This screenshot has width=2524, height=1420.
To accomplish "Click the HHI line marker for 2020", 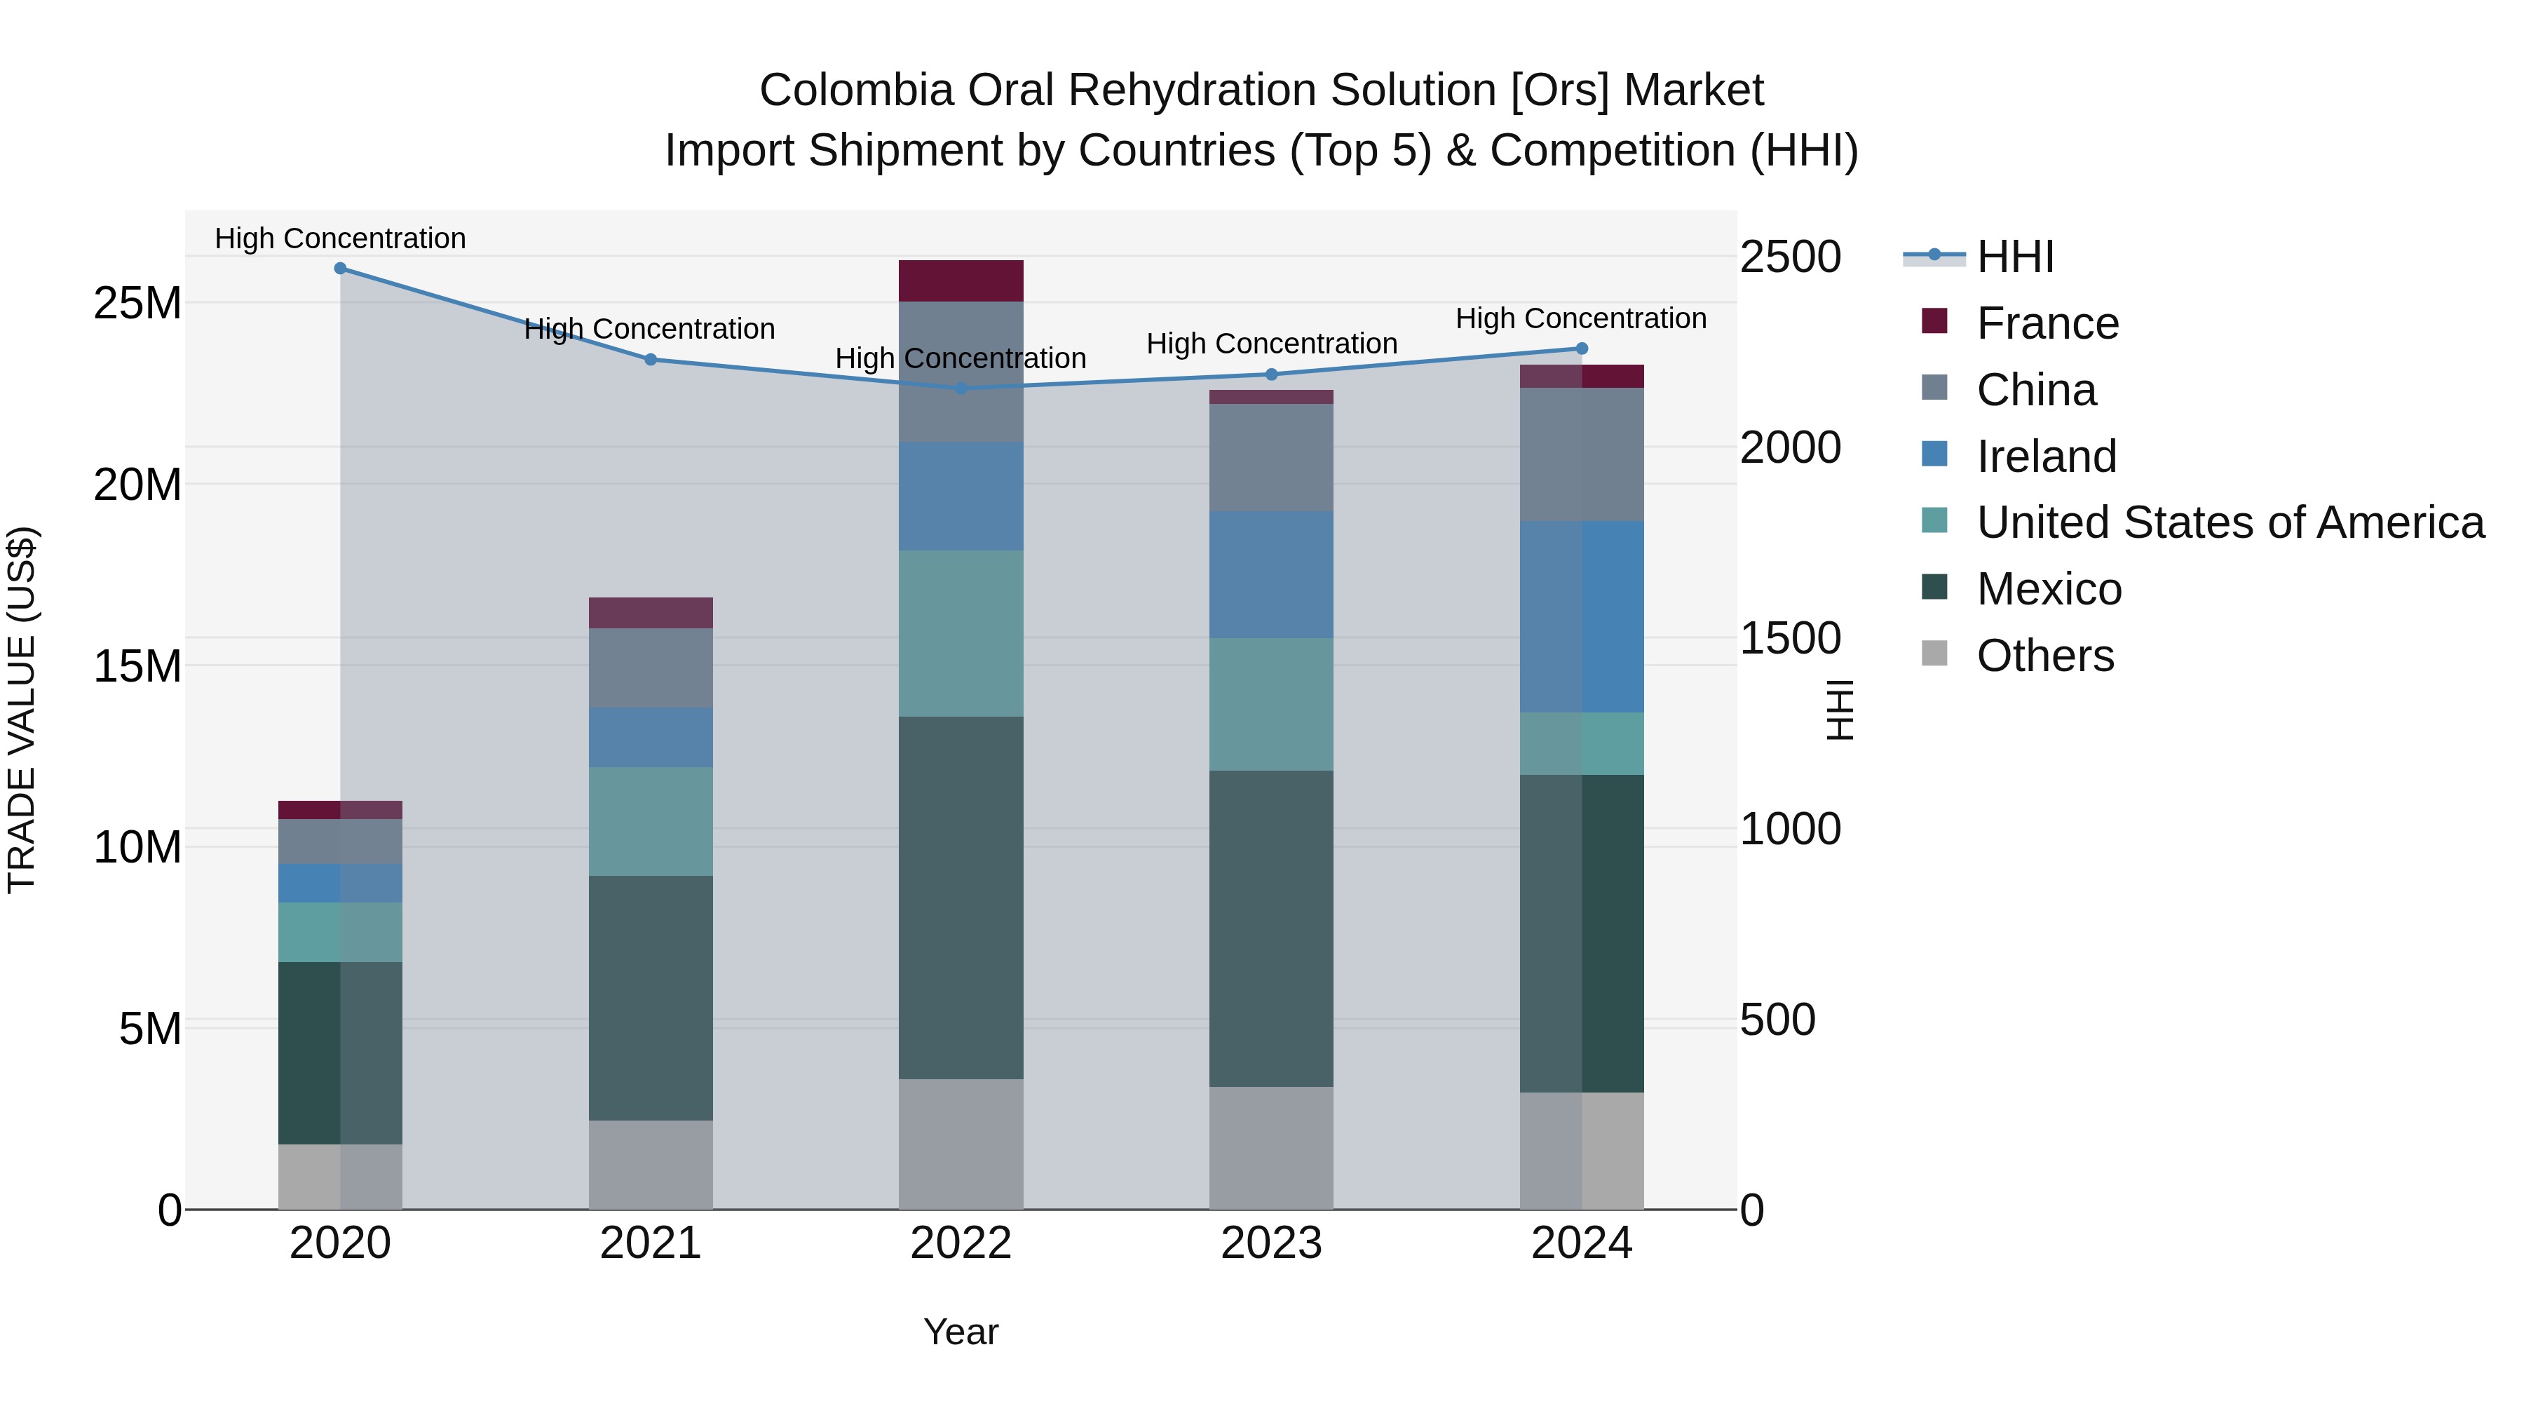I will [x=340, y=269].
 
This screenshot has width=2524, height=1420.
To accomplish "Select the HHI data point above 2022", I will [x=961, y=388].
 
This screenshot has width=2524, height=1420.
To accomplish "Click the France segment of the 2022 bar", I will [x=961, y=280].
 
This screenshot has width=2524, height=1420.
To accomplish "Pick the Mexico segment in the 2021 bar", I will [x=651, y=998].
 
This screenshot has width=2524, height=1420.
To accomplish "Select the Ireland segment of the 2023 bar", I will [x=1271, y=575].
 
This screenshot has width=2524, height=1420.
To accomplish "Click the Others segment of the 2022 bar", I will [x=961, y=1144].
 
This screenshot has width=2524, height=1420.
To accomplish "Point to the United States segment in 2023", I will [x=1271, y=705].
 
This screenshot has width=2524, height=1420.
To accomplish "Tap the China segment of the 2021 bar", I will [x=651, y=668].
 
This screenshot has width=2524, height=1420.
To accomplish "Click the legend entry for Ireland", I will [x=2046, y=457].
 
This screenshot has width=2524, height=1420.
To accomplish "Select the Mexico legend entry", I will [x=2049, y=590].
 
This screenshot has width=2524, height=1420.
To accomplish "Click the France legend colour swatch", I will [x=1934, y=321].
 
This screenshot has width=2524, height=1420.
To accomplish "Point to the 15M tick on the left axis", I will [x=137, y=666].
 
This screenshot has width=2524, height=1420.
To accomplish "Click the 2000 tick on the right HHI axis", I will [x=1790, y=448].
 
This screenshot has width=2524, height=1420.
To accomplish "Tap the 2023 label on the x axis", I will [x=1271, y=1243].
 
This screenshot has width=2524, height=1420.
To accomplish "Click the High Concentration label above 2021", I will [x=650, y=330].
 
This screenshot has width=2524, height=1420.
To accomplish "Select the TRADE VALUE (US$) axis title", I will [x=22, y=710].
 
